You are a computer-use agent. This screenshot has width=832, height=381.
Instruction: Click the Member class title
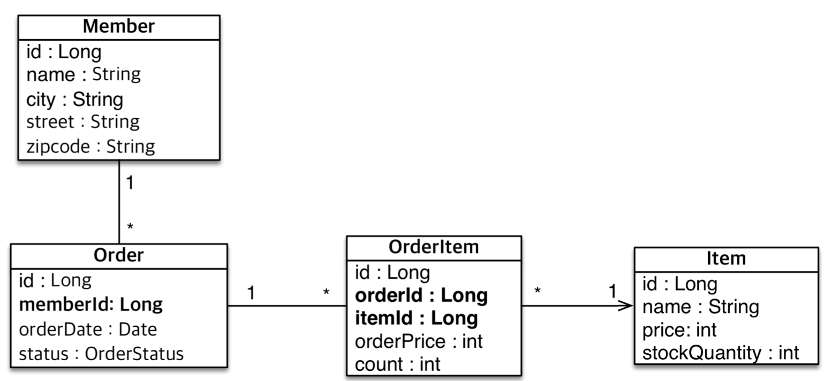click(119, 26)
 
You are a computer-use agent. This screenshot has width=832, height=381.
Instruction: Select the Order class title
click(119, 255)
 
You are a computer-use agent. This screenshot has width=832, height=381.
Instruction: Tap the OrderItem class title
click(434, 247)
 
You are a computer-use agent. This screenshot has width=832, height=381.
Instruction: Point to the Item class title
click(726, 258)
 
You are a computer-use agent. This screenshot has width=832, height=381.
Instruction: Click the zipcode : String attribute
click(90, 146)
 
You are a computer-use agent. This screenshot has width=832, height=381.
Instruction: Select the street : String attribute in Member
click(83, 122)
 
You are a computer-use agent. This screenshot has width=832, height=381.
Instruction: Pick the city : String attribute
click(74, 100)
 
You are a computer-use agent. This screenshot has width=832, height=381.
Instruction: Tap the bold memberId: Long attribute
click(90, 304)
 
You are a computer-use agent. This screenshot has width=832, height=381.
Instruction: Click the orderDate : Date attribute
click(88, 329)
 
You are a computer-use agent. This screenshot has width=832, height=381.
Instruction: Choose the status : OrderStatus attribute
click(101, 354)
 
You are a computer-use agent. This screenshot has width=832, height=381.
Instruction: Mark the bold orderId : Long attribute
click(421, 295)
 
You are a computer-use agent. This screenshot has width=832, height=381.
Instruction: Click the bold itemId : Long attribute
click(416, 318)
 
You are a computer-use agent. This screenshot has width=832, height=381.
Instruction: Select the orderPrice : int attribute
click(419, 341)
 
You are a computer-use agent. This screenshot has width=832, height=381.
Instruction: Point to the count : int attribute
click(397, 364)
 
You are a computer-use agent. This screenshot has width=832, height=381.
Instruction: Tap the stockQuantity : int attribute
click(721, 353)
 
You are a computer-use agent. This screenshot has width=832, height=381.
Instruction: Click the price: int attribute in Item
click(679, 330)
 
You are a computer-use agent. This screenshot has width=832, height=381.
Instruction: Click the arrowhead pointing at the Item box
click(626, 306)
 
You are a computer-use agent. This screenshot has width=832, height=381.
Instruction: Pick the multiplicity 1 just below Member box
click(130, 183)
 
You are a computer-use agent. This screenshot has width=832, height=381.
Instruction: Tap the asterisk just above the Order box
click(130, 227)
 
